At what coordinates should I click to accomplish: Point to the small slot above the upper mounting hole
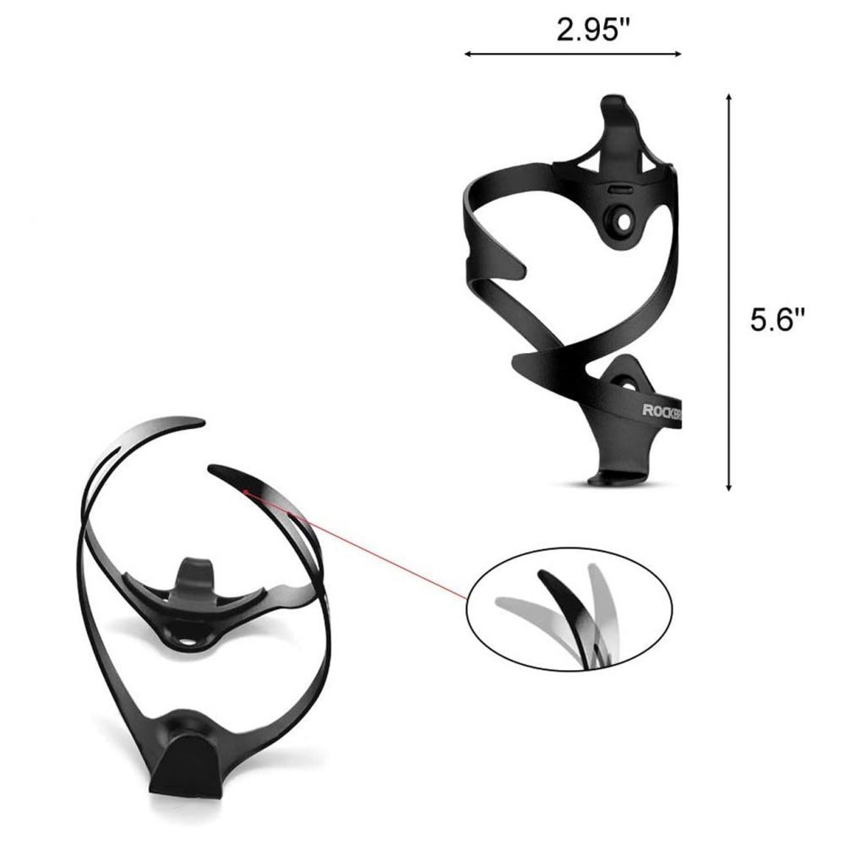(x=618, y=191)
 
